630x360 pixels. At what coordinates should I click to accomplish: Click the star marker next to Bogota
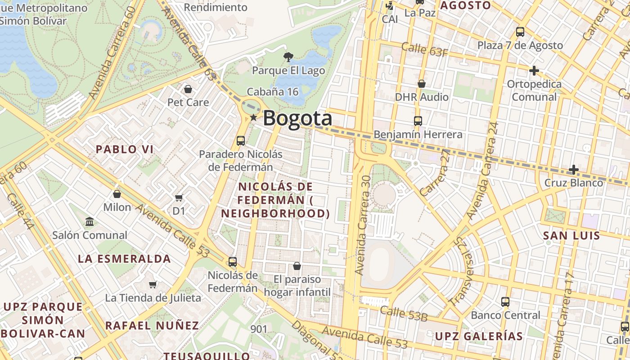pyautogui.click(x=254, y=117)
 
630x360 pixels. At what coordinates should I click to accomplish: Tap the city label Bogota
pyautogui.click(x=297, y=118)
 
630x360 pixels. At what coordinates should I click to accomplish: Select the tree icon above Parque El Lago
pyautogui.click(x=288, y=57)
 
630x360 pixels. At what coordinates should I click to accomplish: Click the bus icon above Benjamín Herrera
pyautogui.click(x=418, y=121)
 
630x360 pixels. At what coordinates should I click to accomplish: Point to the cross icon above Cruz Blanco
pyautogui.click(x=573, y=170)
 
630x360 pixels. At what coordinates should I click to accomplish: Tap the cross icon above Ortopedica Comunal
pyautogui.click(x=534, y=71)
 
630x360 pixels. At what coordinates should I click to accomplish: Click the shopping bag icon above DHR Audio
pyautogui.click(x=422, y=84)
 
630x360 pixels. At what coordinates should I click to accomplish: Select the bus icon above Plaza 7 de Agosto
pyautogui.click(x=520, y=32)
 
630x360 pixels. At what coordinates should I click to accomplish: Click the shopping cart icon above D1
pyautogui.click(x=179, y=197)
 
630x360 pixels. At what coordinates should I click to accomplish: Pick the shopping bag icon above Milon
pyautogui.click(x=117, y=194)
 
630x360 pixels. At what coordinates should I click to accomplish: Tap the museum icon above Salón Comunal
pyautogui.click(x=90, y=222)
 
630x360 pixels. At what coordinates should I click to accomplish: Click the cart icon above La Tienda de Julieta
pyautogui.click(x=153, y=284)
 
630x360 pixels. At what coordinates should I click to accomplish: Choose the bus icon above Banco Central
pyautogui.click(x=505, y=301)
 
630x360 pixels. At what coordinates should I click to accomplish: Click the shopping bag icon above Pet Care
pyautogui.click(x=188, y=89)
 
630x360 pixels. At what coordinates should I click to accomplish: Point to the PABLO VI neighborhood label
pyautogui.click(x=125, y=149)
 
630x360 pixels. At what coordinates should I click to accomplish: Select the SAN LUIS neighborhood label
pyautogui.click(x=571, y=235)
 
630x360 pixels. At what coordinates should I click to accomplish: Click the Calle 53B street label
pyautogui.click(x=403, y=314)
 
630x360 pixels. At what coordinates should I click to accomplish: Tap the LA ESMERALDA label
pyautogui.click(x=124, y=259)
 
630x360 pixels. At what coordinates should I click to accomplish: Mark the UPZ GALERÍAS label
pyautogui.click(x=479, y=336)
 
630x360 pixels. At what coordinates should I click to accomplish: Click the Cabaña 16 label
pyautogui.click(x=273, y=92)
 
